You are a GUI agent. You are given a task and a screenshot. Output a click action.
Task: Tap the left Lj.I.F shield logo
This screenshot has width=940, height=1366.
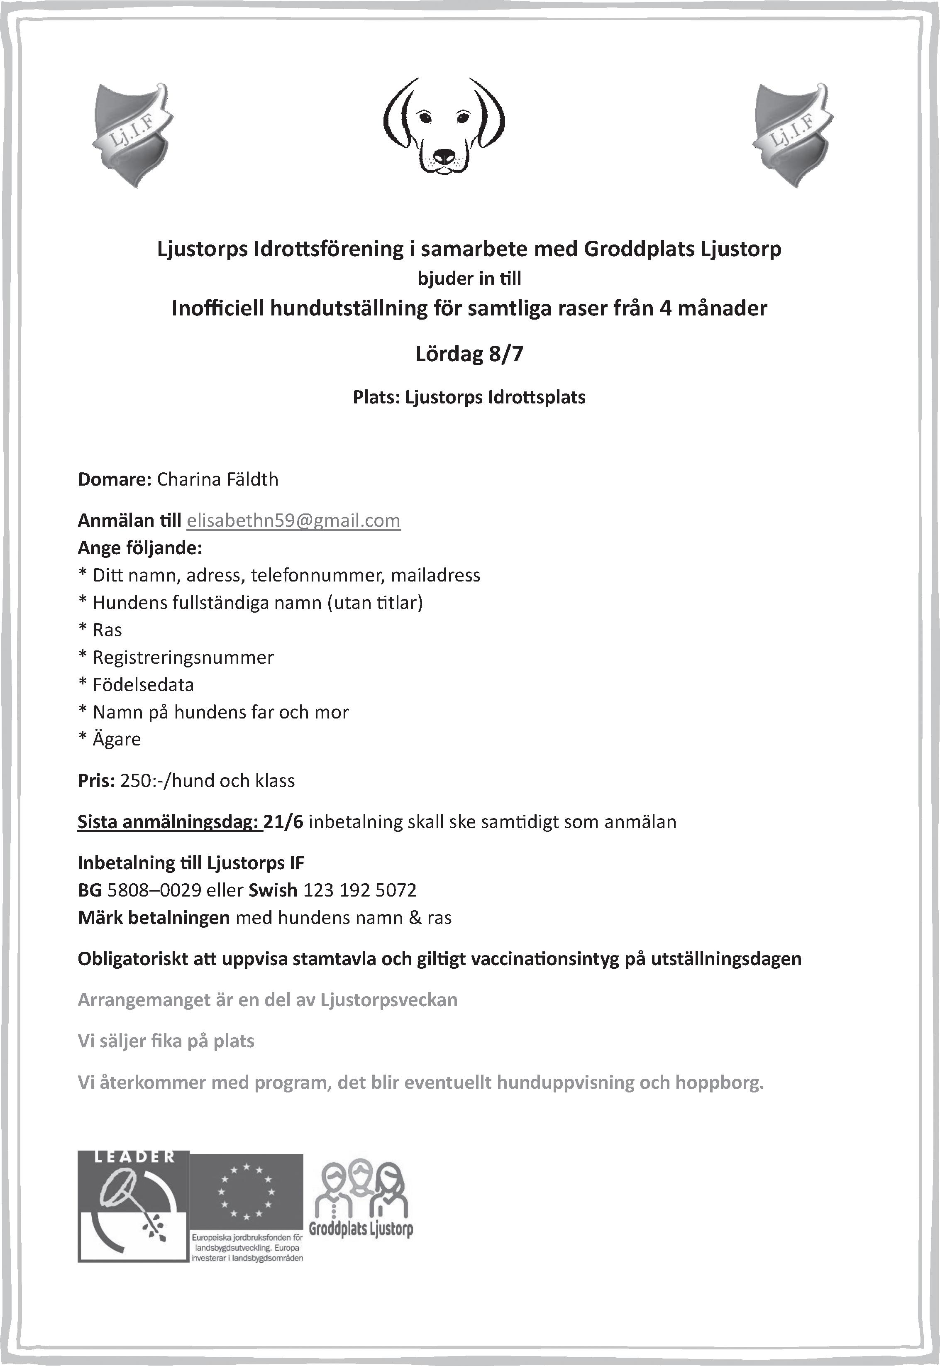click(x=132, y=135)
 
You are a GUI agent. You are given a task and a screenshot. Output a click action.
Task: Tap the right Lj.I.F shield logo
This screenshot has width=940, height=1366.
click(x=793, y=135)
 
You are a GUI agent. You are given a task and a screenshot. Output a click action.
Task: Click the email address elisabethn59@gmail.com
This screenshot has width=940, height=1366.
click(x=293, y=521)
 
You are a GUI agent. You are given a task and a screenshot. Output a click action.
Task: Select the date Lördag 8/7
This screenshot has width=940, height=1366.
click(x=469, y=354)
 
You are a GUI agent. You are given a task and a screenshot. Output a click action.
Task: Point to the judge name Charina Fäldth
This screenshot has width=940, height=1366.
click(x=217, y=479)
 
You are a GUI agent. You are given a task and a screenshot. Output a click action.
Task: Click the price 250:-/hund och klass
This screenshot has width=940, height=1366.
click(x=208, y=780)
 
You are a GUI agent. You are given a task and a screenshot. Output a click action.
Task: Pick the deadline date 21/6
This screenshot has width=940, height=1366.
click(x=283, y=822)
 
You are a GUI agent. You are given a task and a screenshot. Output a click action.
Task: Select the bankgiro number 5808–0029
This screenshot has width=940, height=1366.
click(x=154, y=890)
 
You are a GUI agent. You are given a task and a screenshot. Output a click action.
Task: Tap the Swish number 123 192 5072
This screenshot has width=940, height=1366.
click(x=360, y=890)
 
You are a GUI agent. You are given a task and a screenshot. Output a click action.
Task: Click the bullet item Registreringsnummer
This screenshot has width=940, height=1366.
click(x=183, y=657)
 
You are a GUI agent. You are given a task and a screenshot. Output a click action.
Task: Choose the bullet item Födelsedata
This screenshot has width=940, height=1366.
click(x=143, y=684)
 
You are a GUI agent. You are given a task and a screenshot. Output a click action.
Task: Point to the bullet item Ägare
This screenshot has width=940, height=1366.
click(x=117, y=739)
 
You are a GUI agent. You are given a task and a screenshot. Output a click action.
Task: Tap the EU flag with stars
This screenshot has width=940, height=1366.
click(x=246, y=1190)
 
